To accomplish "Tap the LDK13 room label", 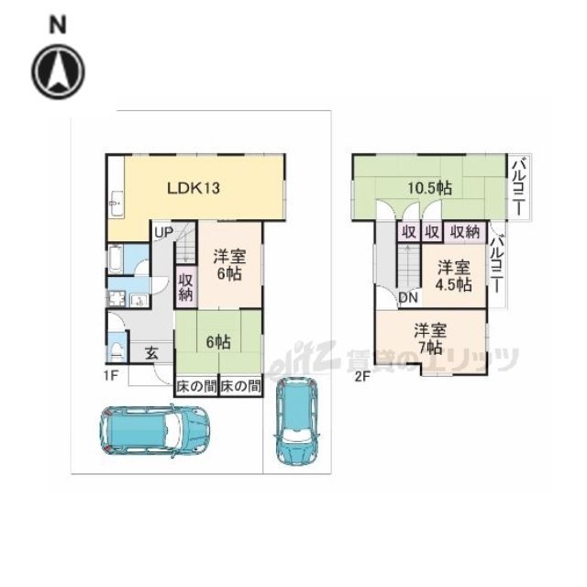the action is tap(194, 188).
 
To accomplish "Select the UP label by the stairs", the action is tap(163, 232).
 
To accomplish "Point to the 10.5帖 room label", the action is tap(429, 188).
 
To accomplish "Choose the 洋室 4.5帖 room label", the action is tap(453, 276).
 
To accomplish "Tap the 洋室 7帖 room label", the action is tap(430, 338).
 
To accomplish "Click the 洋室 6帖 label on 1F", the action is tap(229, 265).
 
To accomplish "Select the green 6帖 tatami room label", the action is tap(218, 342).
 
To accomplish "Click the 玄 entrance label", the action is tap(151, 353).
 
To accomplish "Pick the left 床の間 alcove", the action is tap(196, 386).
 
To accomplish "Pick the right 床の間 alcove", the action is tap(240, 386).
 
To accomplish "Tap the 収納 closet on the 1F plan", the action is tap(185, 287).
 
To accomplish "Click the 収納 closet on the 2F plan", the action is tap(465, 232).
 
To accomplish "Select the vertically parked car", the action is tap(297, 420).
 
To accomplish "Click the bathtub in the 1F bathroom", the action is tap(116, 259).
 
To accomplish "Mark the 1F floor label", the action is tap(112, 375).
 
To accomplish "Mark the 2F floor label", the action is tap(362, 376).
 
